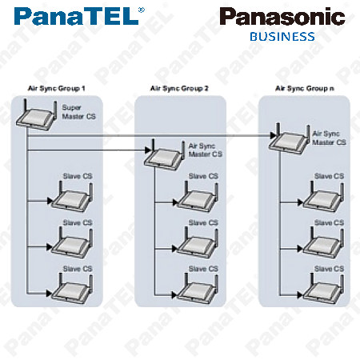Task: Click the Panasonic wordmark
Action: pos(282,17)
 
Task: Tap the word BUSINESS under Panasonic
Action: pos(282,37)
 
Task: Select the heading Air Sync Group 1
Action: pos(57,89)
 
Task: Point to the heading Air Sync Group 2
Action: pos(179,89)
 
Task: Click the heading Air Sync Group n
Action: pos(305,89)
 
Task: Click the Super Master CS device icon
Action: pos(37,115)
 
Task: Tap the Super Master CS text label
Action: pos(78,112)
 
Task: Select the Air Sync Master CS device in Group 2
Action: pos(165,155)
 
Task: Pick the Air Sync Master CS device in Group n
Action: pos(290,139)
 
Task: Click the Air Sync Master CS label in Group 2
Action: pos(206,150)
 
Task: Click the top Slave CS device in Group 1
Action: pos(72,198)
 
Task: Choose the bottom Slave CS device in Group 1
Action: pos(72,290)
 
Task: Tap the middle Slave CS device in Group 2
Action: pos(198,244)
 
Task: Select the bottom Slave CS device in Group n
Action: pos(323,290)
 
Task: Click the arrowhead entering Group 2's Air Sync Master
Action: pos(148,150)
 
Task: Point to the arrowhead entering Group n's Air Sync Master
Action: pos(273,135)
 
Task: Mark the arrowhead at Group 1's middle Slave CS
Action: pos(50,247)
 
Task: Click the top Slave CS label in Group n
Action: pos(329,176)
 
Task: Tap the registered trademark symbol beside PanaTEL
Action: pos(142,10)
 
